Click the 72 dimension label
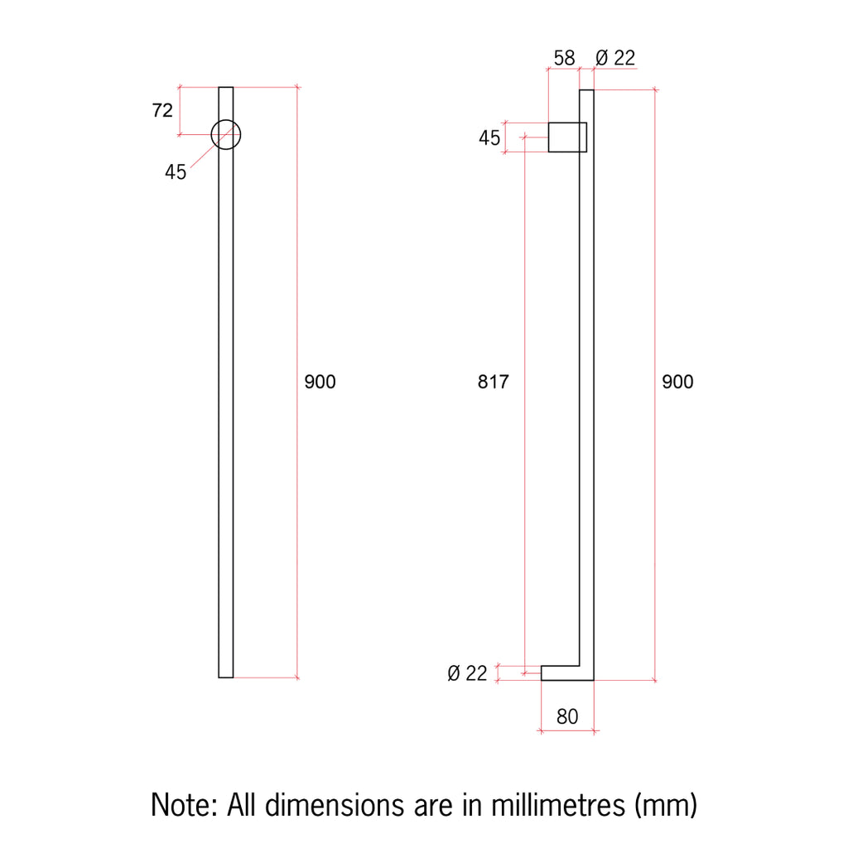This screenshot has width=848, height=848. tap(162, 110)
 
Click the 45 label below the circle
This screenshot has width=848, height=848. tap(176, 172)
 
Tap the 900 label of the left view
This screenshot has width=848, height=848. tap(320, 382)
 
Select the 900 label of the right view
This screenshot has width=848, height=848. tap(677, 382)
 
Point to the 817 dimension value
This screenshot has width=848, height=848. tap(494, 382)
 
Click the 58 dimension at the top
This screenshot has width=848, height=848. tap(564, 58)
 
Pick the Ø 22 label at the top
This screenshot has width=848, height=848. tap(615, 58)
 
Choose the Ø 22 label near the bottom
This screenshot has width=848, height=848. tap(467, 673)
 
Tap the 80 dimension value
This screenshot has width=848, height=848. tap(567, 716)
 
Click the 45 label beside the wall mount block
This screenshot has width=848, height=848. tap(489, 138)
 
